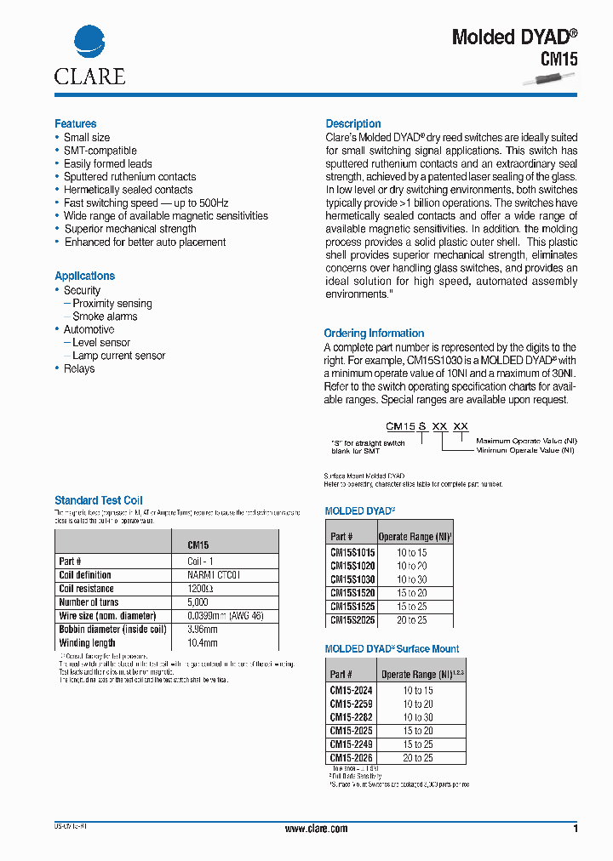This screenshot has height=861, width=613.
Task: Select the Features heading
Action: pos(75,123)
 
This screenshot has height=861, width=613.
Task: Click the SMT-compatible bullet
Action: pos(100,151)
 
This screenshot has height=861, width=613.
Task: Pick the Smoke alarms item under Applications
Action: pos(105,316)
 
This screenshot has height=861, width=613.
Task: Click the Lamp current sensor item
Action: pos(118,356)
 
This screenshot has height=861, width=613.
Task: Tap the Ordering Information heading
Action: pos(374,333)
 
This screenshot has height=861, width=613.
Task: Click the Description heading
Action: pos(353,123)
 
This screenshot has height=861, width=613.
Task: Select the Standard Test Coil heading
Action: pos(99,500)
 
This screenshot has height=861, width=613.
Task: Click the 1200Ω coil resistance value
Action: pos(200,589)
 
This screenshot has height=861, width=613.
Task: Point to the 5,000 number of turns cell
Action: pos(200,602)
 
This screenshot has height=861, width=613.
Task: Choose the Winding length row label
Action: pos(87,643)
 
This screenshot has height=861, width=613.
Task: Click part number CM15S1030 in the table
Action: pos(352,579)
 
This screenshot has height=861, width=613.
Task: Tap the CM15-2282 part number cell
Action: pos(351,717)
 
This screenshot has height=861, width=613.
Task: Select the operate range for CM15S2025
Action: pos(411,620)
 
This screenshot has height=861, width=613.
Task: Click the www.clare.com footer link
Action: pos(316,829)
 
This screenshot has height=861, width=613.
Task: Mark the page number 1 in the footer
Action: pos(576,829)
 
